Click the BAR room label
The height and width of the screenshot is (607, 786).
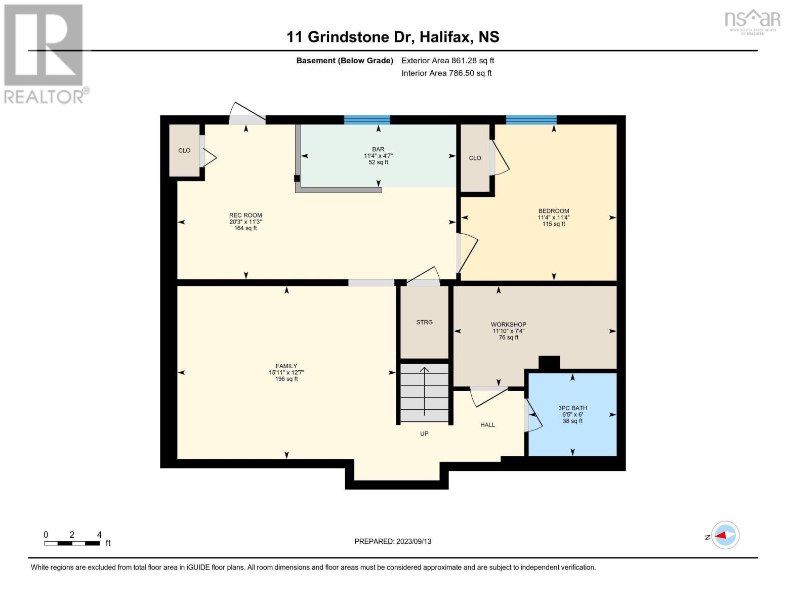[378, 149]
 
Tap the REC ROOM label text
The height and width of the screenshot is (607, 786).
[245, 215]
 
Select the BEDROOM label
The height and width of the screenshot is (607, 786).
[553, 211]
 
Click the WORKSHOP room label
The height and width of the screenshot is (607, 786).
[508, 324]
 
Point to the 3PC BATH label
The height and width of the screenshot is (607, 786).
[572, 408]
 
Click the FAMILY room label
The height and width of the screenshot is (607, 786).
[286, 366]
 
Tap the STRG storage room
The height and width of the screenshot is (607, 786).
[424, 322]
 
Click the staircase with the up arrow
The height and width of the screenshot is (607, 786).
[424, 393]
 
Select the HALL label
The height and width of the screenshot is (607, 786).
[487, 425]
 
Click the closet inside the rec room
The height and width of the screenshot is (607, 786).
[184, 150]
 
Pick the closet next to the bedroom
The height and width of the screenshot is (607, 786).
[475, 158]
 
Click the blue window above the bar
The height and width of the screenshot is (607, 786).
[367, 120]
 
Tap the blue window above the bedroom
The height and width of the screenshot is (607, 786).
[531, 120]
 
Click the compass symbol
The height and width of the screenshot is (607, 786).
[725, 535]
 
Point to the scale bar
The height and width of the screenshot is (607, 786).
[72, 543]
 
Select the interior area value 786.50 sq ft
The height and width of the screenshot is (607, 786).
[470, 73]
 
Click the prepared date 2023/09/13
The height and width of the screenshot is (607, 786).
[413, 541]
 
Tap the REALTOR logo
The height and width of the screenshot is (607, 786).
[45, 53]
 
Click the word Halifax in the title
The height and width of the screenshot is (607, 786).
[440, 37]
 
